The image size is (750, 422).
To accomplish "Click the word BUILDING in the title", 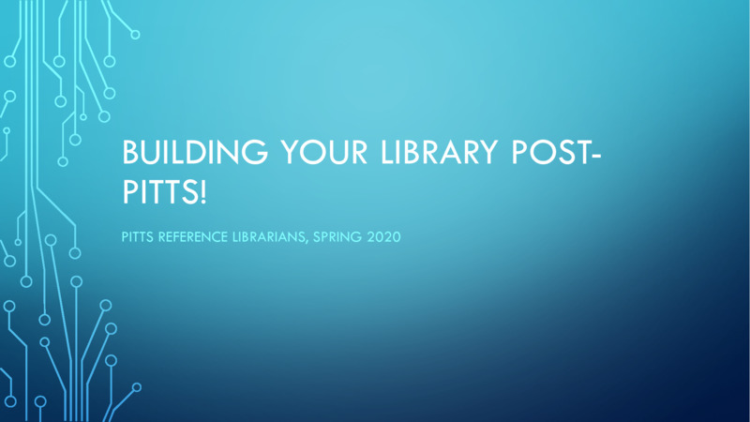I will pos(184,152).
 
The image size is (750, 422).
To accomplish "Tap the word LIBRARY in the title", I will pos(423,152).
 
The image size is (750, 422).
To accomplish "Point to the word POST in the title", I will pos(543,152).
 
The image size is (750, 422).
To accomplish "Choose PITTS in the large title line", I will pos(157,189).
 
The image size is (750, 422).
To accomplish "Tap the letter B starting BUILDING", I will pos(131,152).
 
